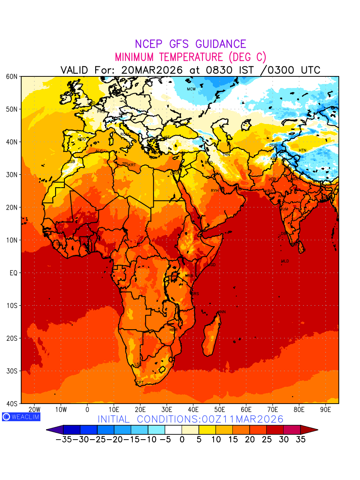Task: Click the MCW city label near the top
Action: click(x=191, y=89)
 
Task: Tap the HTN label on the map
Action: click(x=302, y=150)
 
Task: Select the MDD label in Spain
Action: click(x=82, y=139)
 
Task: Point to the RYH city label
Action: click(x=215, y=191)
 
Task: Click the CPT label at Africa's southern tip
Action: click(x=140, y=383)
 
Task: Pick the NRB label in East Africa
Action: click(x=189, y=276)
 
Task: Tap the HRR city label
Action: click(x=173, y=330)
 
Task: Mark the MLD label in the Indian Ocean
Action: click(x=285, y=261)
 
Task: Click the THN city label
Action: click(x=226, y=155)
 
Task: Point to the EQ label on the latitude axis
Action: click(x=13, y=273)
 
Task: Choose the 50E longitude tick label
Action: click(x=220, y=410)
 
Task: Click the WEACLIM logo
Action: click(x=21, y=416)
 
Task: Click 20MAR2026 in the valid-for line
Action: click(x=152, y=70)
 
